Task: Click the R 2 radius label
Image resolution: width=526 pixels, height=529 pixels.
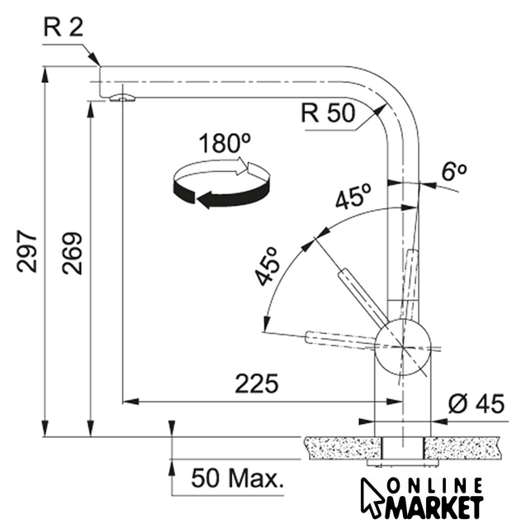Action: [63, 27]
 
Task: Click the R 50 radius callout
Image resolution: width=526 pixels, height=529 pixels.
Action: [328, 113]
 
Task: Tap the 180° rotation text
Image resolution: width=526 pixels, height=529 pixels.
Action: [225, 143]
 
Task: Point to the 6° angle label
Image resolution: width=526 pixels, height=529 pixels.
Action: [454, 172]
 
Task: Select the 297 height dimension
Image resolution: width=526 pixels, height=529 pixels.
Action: [27, 251]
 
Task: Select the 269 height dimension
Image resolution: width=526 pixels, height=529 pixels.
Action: [72, 253]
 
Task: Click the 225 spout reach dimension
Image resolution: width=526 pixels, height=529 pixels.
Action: [257, 384]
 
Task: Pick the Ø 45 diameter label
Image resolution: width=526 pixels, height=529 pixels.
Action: [476, 403]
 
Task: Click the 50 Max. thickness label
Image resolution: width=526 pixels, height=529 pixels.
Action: [237, 478]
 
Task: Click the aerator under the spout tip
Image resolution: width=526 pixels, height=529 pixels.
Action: [122, 98]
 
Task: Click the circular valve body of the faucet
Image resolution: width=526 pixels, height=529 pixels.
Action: [403, 347]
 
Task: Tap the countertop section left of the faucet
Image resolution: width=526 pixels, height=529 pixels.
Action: [343, 448]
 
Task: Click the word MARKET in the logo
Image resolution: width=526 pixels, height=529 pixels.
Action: [435, 507]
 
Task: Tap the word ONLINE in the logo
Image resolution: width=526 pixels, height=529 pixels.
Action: [434, 486]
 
